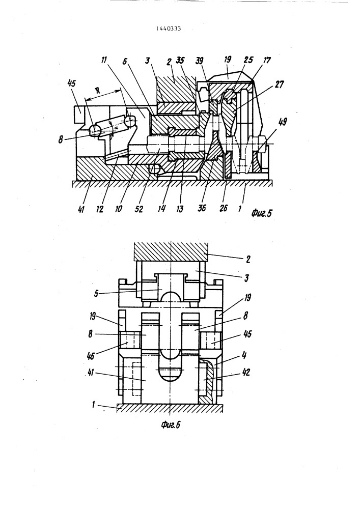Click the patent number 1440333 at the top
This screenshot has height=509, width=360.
pyautogui.click(x=168, y=29)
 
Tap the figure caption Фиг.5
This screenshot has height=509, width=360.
pyautogui.click(x=261, y=213)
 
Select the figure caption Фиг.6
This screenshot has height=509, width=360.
pyautogui.click(x=171, y=425)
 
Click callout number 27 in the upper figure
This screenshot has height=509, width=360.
pyautogui.click(x=278, y=85)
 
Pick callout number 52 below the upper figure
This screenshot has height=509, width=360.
pyautogui.click(x=139, y=209)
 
